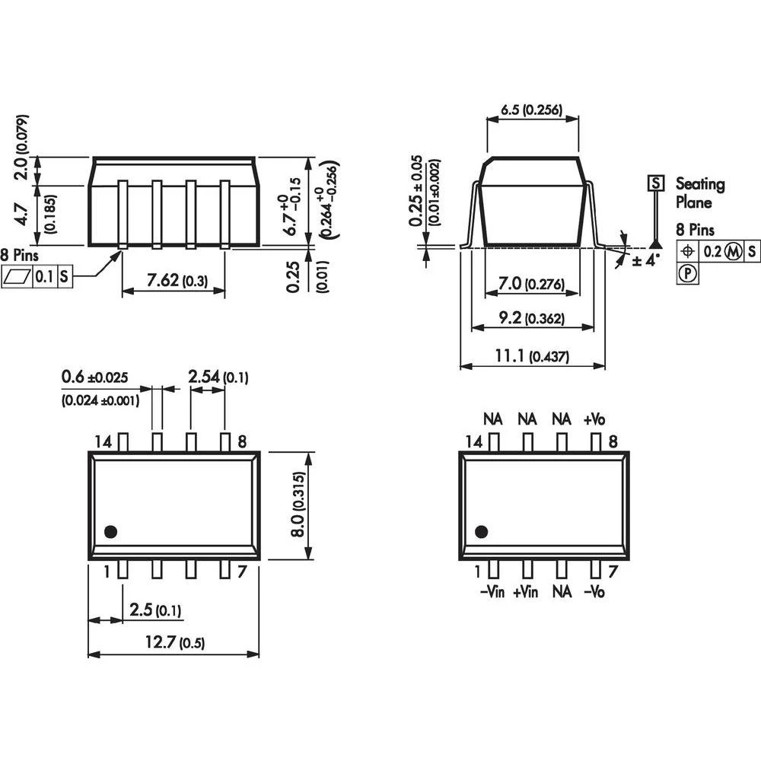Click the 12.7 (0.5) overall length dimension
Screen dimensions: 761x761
click(174, 642)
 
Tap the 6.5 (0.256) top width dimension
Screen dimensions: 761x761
click(531, 110)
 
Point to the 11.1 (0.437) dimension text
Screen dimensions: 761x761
click(532, 355)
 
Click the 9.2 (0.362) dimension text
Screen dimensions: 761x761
click(532, 318)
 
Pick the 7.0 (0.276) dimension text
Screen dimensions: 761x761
click(532, 284)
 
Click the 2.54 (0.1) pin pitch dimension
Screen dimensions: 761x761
click(218, 377)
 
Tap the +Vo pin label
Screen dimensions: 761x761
click(595, 419)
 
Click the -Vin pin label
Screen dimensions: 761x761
click(493, 591)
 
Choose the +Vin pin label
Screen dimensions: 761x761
click(527, 591)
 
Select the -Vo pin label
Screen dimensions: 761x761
click(595, 591)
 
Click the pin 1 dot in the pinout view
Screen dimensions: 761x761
click(481, 532)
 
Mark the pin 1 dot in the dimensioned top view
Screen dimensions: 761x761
click(110, 532)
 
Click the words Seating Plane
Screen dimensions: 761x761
click(699, 193)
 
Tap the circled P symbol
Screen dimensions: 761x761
click(687, 274)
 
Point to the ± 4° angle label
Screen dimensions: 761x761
click(643, 261)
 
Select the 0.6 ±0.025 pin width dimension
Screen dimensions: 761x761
click(95, 377)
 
